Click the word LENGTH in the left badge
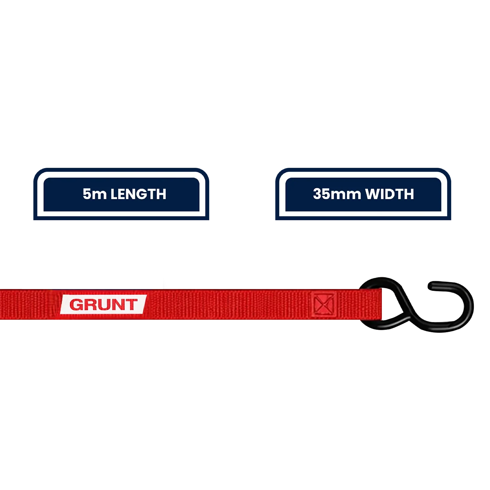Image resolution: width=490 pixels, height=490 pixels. coord(138,194)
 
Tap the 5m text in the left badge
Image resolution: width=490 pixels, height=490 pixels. coord(95,194)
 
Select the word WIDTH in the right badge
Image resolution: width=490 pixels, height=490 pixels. coord(390,194)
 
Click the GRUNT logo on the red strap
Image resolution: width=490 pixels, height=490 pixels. coord(104,304)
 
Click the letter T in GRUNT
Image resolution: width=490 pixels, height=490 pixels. coord(131,305)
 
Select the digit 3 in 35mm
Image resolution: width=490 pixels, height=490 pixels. coord(318,194)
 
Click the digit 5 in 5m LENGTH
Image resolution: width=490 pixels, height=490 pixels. coord(87,194)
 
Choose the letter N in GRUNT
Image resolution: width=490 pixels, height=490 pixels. coord(117,305)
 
